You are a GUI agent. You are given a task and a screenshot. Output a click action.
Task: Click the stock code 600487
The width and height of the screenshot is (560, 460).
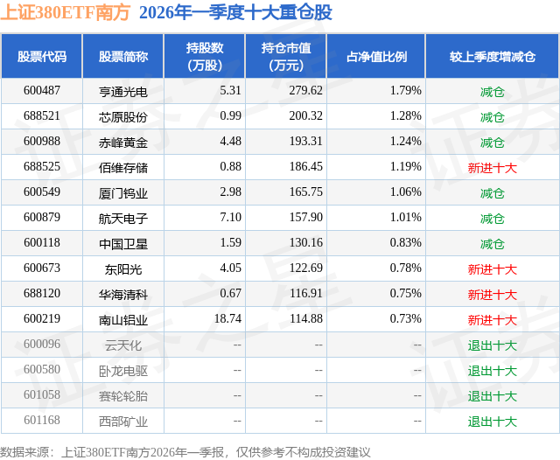point(42,90)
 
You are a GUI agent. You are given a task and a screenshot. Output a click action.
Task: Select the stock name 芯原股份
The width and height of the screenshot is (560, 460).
point(123,117)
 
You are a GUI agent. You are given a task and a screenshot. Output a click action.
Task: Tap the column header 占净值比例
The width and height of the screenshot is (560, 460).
point(376,56)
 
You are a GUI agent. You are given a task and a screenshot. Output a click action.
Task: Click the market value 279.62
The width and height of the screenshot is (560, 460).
point(305,90)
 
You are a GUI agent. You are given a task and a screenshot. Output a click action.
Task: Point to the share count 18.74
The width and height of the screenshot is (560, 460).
point(227,318)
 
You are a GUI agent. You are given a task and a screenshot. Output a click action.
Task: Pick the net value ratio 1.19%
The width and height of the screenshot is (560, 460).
point(405,167)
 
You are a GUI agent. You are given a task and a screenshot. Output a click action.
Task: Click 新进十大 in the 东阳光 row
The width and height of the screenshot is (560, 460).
point(492,269)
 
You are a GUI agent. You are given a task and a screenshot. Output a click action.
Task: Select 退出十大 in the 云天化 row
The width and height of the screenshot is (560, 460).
point(492,345)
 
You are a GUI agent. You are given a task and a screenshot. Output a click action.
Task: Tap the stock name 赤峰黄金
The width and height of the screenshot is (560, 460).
point(123,143)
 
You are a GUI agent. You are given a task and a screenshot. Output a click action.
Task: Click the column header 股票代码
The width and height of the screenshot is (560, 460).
point(42,56)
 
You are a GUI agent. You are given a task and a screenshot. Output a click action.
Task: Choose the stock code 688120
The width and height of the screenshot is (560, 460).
point(42,293)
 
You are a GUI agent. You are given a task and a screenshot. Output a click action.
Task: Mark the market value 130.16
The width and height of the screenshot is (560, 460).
point(305,242)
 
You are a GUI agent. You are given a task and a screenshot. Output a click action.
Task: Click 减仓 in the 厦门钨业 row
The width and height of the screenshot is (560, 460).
point(492,193)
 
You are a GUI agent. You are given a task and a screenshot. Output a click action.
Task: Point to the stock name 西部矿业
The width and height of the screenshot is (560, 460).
point(123,422)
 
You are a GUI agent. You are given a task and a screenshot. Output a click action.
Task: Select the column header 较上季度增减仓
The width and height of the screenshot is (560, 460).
point(492,56)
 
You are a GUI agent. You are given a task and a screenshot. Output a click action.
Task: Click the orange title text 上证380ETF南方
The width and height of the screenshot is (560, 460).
point(66,12)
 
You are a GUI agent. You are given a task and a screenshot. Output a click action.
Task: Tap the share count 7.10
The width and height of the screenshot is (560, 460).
point(230,218)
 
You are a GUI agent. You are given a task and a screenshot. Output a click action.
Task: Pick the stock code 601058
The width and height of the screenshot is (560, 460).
point(42,394)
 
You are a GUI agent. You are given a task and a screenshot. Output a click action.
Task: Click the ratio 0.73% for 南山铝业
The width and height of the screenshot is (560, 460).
point(405,318)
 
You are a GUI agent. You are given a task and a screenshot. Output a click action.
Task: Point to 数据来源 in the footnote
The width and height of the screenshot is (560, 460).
point(24,452)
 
